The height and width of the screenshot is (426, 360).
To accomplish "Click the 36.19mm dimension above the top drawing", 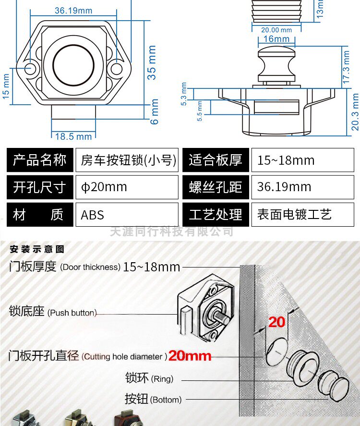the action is [x=73, y=10].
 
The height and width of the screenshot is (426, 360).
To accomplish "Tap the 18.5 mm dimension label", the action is [x=73, y=136].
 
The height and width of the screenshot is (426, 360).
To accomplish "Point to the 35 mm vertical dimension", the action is [x=152, y=62].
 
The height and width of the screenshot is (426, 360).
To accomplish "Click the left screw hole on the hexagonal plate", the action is [x=31, y=68].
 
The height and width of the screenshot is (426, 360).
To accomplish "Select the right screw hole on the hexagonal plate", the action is [x=117, y=68].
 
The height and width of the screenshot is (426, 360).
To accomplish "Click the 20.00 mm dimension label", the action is [x=276, y=30].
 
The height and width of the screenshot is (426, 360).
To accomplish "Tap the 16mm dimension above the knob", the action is [x=276, y=39].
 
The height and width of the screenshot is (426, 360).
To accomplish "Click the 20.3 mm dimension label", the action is [x=355, y=112].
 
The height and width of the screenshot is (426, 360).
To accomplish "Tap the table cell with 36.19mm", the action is [x=302, y=187].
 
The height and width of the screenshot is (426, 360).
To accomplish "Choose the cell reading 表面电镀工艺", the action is [x=302, y=215].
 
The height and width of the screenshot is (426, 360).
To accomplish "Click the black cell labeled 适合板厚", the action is [x=216, y=160].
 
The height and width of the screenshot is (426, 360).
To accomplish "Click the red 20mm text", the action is [x=190, y=356].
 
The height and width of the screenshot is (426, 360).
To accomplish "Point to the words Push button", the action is [x=72, y=313].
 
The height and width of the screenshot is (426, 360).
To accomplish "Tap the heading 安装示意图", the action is [x=36, y=249].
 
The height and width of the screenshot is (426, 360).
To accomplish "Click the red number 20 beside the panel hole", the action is [x=277, y=322].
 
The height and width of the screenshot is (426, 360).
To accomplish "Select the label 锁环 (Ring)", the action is [x=149, y=378].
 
